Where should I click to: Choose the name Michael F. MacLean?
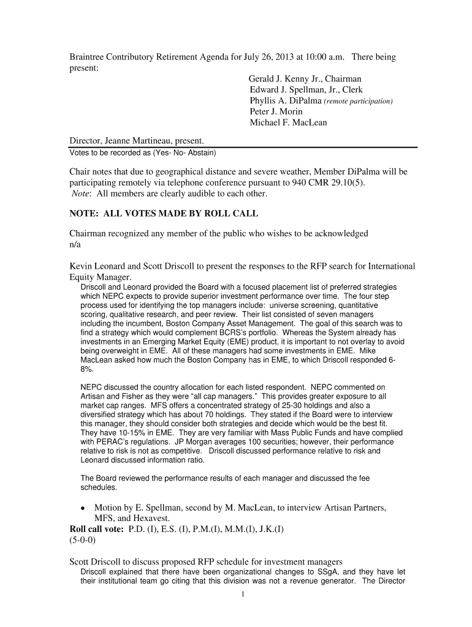(288, 122)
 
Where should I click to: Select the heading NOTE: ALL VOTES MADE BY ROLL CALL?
(164, 214)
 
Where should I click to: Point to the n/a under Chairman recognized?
(75, 244)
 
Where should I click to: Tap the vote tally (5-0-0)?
(82, 541)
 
